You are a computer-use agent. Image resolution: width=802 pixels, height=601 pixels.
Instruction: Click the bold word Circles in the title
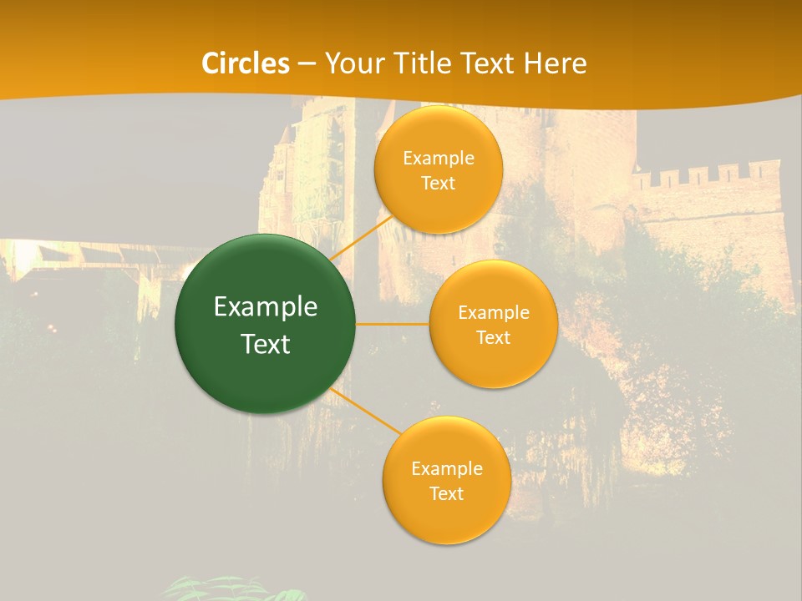tap(246, 63)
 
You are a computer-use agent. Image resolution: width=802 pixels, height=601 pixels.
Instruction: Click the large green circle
tap(266, 324)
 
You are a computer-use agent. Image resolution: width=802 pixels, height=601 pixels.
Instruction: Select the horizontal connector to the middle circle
tap(393, 324)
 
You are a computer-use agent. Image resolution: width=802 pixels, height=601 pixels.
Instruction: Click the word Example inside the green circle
tap(266, 307)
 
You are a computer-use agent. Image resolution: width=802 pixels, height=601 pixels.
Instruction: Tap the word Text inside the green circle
tap(266, 344)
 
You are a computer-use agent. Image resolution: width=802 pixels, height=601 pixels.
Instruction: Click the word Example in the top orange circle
tap(439, 159)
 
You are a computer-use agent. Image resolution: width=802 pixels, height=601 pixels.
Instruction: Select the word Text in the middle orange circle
tap(493, 338)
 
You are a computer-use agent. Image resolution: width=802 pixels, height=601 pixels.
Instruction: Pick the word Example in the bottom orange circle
tap(446, 469)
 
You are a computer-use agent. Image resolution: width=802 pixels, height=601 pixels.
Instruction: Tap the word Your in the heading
tap(351, 63)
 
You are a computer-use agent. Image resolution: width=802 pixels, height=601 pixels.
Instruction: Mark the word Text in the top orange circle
tap(439, 184)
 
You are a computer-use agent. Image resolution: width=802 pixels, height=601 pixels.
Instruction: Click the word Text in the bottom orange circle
tap(446, 494)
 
